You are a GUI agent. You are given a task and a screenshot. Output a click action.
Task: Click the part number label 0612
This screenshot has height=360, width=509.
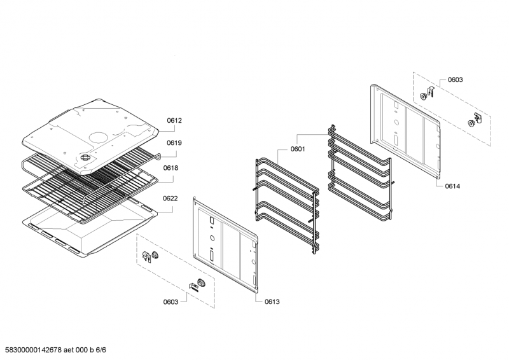click(x=174, y=120)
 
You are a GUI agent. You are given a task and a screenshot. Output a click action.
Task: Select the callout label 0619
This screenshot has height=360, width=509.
click(x=174, y=143)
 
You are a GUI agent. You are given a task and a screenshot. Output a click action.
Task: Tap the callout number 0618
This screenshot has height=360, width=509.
click(x=171, y=168)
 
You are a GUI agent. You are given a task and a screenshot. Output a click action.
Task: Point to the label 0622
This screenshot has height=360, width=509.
click(x=171, y=198)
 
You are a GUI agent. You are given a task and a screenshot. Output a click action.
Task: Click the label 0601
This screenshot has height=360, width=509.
click(x=298, y=149)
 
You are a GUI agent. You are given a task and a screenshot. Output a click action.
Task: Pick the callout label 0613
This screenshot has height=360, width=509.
click(x=272, y=302)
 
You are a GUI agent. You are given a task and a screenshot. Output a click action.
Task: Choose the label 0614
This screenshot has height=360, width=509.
click(x=452, y=186)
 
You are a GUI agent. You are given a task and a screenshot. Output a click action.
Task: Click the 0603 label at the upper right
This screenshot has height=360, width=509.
click(x=456, y=80)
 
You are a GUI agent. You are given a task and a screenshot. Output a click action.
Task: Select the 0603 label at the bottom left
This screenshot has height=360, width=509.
click(x=171, y=302)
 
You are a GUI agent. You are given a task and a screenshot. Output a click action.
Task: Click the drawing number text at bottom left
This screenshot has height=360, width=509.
click(x=55, y=350)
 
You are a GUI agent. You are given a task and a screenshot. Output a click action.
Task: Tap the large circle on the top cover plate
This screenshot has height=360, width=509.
click(x=100, y=137)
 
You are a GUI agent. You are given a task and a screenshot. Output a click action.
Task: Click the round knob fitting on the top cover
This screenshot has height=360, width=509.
click(x=85, y=158)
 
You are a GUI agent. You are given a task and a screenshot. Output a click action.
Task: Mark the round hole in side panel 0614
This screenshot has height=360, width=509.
click(x=396, y=123)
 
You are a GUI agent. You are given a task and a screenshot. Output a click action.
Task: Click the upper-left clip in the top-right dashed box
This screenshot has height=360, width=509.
click(x=427, y=93)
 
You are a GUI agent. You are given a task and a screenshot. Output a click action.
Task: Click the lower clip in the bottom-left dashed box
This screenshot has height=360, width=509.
click(x=198, y=285)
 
